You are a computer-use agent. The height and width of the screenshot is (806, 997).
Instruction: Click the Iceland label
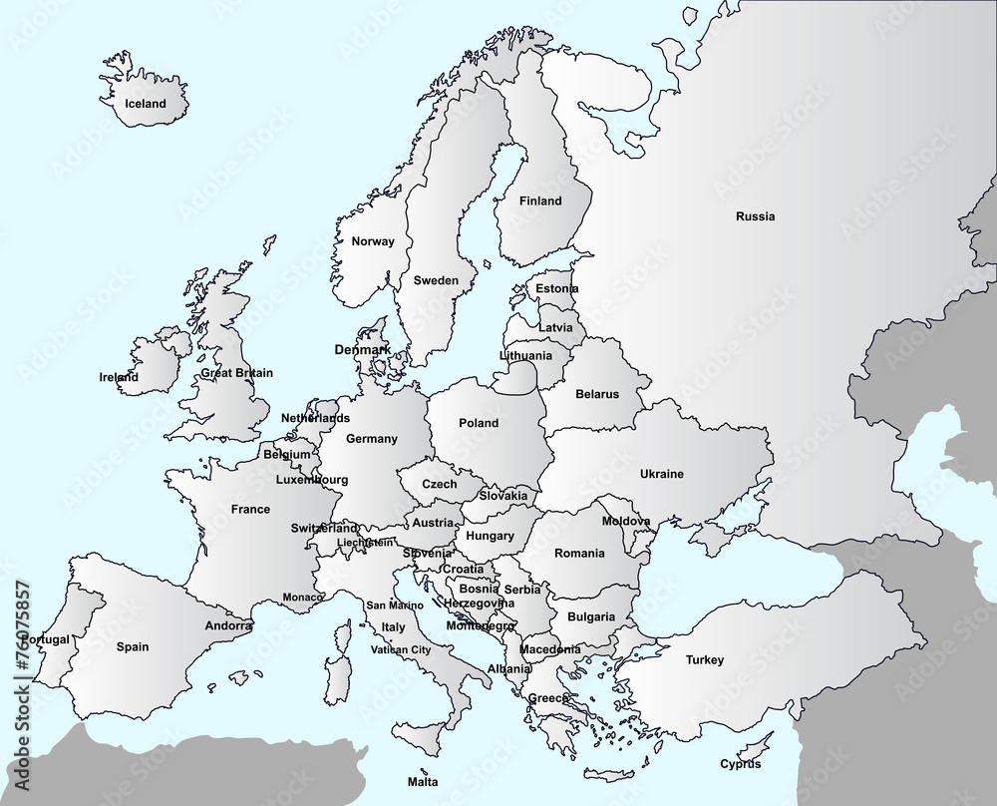tap(146, 104)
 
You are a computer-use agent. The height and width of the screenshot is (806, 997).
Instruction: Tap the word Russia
tap(755, 216)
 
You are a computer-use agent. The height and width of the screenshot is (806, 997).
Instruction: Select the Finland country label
tap(540, 201)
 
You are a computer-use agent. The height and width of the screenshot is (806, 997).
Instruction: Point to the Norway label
tap(373, 241)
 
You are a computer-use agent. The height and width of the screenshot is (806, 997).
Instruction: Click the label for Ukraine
tap(661, 474)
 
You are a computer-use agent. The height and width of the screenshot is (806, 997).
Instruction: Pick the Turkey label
tap(704, 660)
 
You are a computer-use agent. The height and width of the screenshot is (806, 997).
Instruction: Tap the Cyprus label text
tap(741, 765)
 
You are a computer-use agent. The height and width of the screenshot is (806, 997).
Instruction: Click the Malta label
tap(423, 782)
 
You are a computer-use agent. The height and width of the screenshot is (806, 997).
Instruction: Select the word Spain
tap(133, 647)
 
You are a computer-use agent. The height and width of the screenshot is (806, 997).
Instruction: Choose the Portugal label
tap(46, 639)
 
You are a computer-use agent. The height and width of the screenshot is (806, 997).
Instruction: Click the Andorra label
tap(228, 626)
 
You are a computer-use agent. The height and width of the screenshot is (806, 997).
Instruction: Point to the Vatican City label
tap(400, 649)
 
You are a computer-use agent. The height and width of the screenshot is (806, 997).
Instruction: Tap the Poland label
tap(479, 423)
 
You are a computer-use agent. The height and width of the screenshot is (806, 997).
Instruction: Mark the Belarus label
tap(597, 394)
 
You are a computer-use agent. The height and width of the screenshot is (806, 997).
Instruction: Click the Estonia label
tap(556, 289)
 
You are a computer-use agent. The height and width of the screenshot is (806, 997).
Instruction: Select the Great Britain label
tap(236, 373)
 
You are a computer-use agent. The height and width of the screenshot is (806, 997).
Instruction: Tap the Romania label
tap(579, 553)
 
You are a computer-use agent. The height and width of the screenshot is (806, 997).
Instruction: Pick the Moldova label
tap(626, 522)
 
